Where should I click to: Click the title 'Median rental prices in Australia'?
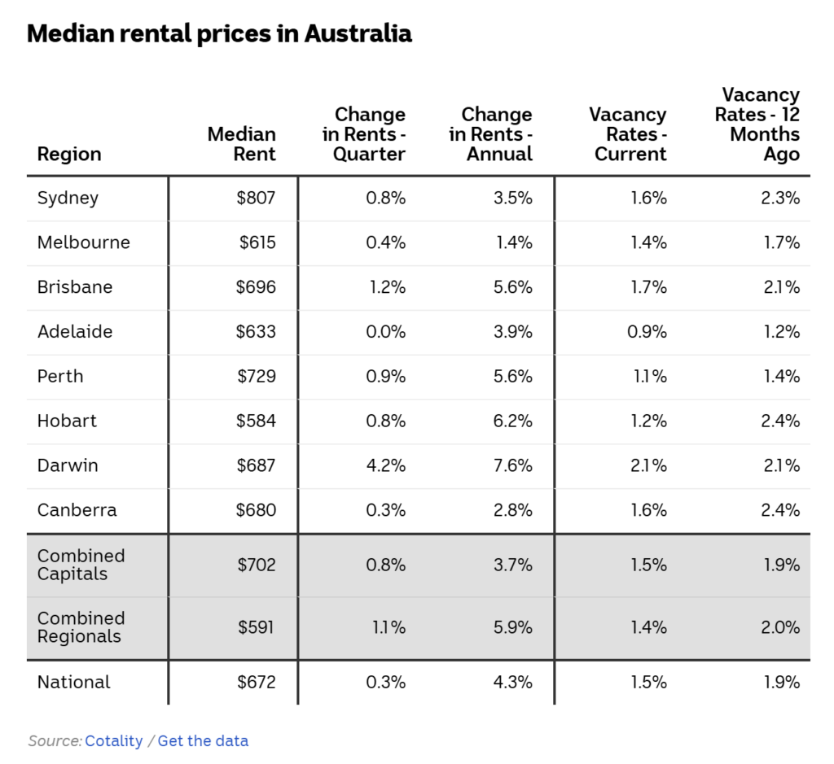coord(219,34)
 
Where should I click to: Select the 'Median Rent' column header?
coord(242,144)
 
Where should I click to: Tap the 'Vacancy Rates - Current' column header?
coord(628,134)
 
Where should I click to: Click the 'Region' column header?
coord(69,155)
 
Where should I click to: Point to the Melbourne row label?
coord(83,242)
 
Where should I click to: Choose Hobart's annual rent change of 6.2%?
coord(513,421)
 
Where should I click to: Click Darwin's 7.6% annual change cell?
coord(513,466)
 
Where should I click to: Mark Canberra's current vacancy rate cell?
coord(648,511)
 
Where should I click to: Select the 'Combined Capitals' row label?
coord(81,565)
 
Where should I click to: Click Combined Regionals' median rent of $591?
coord(257,627)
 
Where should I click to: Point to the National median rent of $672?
coord(257,683)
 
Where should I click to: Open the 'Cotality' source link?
coord(113,741)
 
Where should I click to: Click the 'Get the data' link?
coord(203,741)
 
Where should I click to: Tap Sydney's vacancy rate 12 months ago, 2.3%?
coord(780,198)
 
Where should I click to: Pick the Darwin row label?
coord(68,466)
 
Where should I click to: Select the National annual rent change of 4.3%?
coord(513,683)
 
